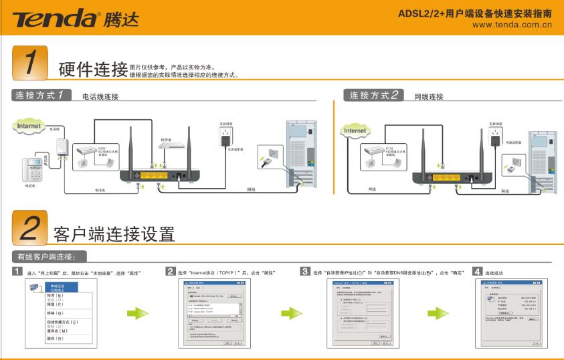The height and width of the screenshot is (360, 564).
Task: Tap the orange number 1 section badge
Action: click(x=29, y=62)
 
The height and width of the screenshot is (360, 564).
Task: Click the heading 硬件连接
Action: click(x=93, y=68)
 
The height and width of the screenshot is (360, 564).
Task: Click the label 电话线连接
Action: click(x=100, y=97)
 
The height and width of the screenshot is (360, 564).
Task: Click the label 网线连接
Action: click(x=429, y=97)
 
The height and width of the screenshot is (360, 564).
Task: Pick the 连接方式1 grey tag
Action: click(x=42, y=95)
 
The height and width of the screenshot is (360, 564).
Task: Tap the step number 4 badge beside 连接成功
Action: click(x=477, y=272)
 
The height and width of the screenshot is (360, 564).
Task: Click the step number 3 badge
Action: click(x=304, y=272)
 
